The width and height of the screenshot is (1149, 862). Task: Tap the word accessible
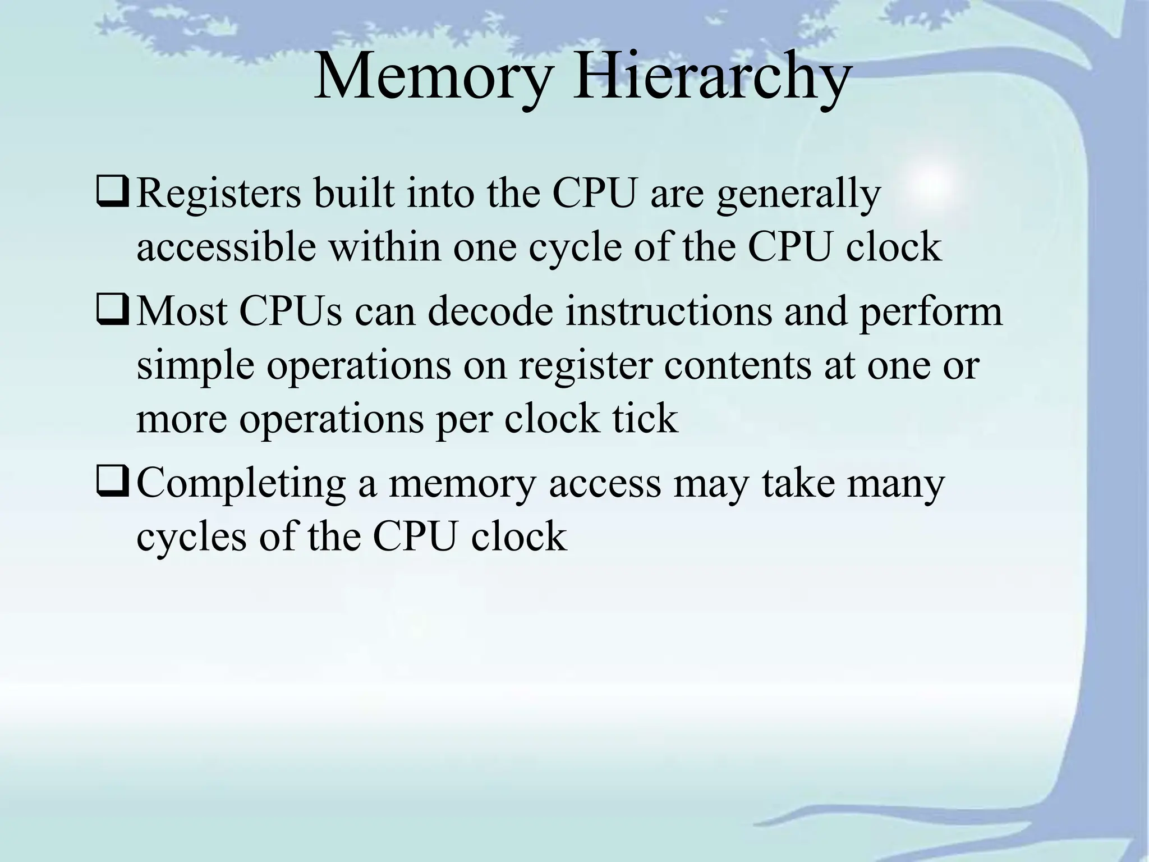point(226,247)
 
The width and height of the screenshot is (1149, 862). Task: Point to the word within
point(385,247)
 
